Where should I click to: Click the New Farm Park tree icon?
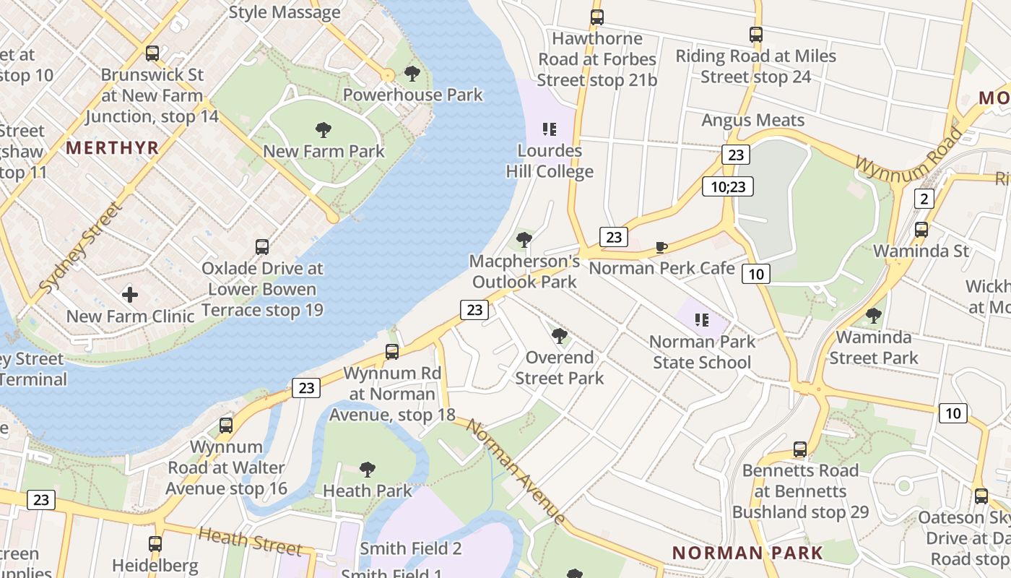pos(324,130)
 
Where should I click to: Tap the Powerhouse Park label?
pos(412,95)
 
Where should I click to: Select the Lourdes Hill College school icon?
pos(550,129)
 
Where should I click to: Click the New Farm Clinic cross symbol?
pos(130,295)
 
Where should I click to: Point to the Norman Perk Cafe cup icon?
pos(661,248)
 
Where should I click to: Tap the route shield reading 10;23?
pos(728,187)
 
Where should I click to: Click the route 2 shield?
pos(924,199)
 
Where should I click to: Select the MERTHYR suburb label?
pos(112,148)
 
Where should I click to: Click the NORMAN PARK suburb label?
pos(747,553)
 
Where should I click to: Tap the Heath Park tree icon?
pos(368,470)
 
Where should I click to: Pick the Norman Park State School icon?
pos(701,319)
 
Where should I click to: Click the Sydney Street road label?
pos(80,248)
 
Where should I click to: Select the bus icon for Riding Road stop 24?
pos(756,34)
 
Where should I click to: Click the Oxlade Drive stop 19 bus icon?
pos(262,247)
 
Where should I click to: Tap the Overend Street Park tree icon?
pos(559,336)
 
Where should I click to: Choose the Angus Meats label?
pos(752,121)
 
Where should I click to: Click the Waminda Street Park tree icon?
pos(873,316)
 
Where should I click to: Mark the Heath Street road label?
pos(249,540)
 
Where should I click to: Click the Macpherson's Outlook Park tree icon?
pos(524,240)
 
